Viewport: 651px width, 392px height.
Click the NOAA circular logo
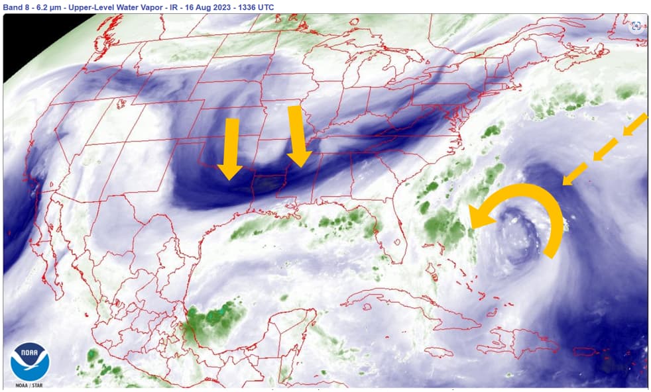(30, 361)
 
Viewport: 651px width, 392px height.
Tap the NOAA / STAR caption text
(30, 385)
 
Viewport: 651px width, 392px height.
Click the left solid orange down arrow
(231, 148)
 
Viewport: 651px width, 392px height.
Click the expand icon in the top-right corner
(636, 26)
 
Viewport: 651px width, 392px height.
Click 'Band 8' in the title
(15, 7)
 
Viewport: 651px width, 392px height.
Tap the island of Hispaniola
(524, 341)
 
